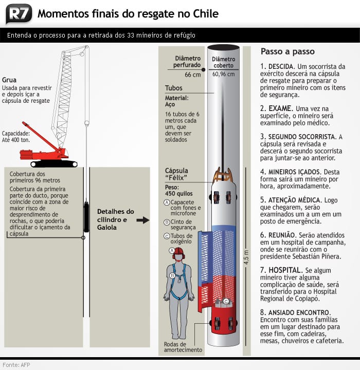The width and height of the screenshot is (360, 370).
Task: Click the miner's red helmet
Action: pyautogui.click(x=178, y=252)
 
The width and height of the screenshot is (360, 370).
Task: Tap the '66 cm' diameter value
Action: pyautogui.click(x=192, y=75)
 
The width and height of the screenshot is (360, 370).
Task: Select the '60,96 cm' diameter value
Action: pyautogui.click(x=223, y=74)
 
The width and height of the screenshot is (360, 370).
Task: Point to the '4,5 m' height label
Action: pyautogui.click(x=246, y=257)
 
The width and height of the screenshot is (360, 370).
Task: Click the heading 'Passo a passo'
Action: pyautogui.click(x=287, y=52)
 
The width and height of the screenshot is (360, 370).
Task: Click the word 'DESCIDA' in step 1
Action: pyautogui.click(x=281, y=67)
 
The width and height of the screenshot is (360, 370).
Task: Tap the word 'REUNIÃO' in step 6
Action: pyautogui.click(x=281, y=234)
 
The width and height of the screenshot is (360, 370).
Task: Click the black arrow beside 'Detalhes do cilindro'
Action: pyautogui.click(x=142, y=220)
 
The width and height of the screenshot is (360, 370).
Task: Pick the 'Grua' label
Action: pyautogui.click(x=9, y=80)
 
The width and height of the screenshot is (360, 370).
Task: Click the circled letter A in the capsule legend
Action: pyautogui.click(x=167, y=202)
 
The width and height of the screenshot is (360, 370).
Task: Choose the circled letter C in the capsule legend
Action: pyautogui.click(x=167, y=236)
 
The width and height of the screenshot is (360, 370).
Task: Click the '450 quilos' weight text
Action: pyautogui.click(x=179, y=194)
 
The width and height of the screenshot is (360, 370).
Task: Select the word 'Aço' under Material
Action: pyautogui.click(x=170, y=104)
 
